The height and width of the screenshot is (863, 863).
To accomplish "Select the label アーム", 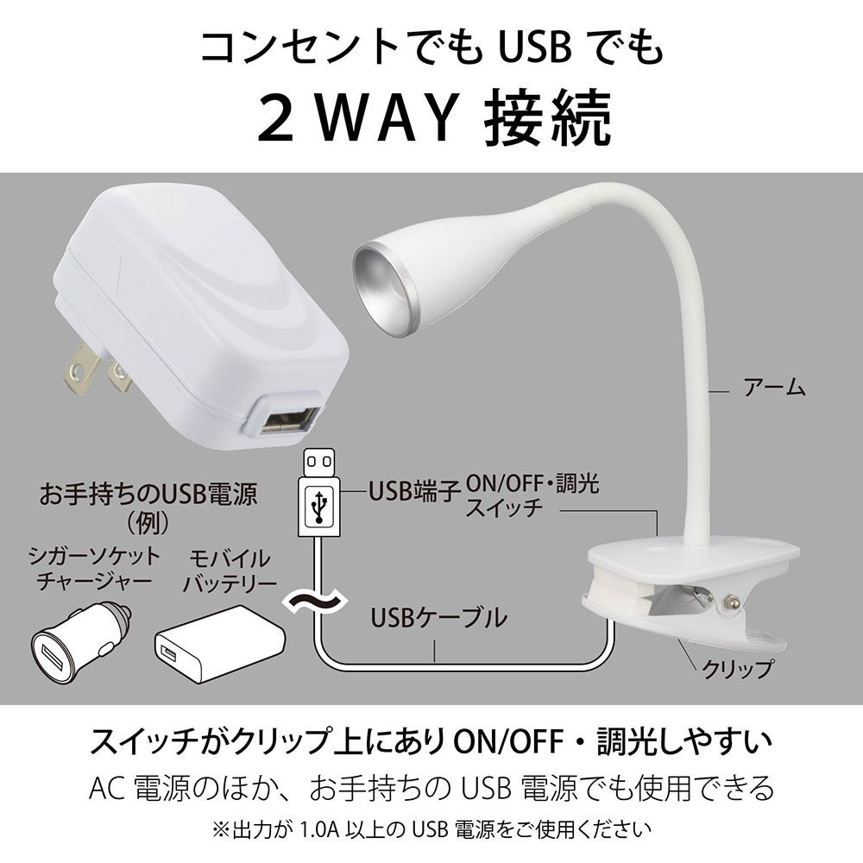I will click(x=774, y=388).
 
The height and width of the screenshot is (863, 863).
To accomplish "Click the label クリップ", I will click(x=735, y=666).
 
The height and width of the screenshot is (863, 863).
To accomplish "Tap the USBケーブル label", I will click(x=438, y=617).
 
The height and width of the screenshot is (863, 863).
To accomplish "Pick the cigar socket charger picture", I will click(x=76, y=641).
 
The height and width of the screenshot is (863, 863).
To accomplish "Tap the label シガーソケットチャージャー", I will click(x=95, y=567).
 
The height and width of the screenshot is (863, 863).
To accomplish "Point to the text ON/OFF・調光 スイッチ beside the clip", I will click(x=531, y=494).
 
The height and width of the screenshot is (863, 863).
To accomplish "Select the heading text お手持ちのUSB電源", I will click(x=151, y=495).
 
